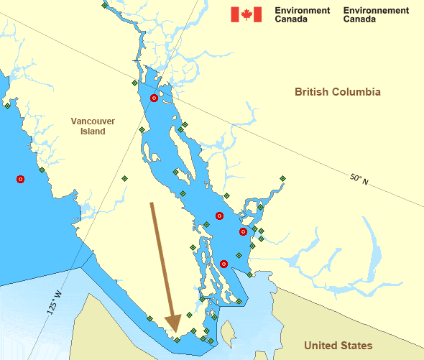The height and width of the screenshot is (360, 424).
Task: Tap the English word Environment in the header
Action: [303, 11]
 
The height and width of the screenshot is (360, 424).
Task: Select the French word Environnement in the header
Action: [376, 11]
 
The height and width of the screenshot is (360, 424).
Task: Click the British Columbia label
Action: [337, 92]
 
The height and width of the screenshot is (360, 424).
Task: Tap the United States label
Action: [338, 346]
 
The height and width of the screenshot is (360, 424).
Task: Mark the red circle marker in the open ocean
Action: [21, 179]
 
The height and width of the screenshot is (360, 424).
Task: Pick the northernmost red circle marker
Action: [154, 98]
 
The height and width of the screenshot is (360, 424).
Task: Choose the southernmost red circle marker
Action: [223, 264]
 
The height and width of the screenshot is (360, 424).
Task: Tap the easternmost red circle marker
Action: [243, 231]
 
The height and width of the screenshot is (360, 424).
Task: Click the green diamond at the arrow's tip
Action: [177, 339]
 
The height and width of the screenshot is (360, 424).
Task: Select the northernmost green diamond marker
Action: [105, 6]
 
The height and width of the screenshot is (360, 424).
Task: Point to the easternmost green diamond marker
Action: [282, 178]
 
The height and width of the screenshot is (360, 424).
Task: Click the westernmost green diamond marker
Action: [7, 106]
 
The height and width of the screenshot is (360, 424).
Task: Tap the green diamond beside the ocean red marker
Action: [42, 170]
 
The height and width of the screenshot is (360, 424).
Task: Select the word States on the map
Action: [357, 346]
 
